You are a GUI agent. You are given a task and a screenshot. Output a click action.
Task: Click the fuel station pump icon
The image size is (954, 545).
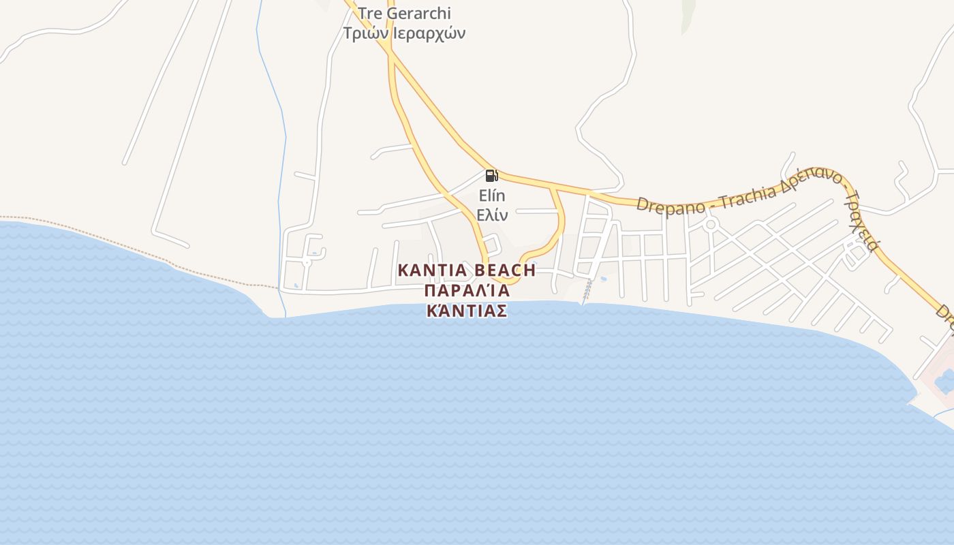pyautogui.click(x=491, y=176)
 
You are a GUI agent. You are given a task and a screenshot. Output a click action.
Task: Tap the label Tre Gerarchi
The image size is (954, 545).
pyautogui.click(x=405, y=13)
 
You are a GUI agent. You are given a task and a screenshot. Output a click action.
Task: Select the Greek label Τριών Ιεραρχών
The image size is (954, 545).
pyautogui.click(x=405, y=33)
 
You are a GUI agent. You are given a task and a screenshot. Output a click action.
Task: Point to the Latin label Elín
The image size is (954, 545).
pyautogui.click(x=492, y=196)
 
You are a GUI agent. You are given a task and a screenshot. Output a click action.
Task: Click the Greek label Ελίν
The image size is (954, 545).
pyautogui.click(x=492, y=215)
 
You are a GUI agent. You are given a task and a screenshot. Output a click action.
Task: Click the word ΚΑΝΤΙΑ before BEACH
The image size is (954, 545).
pyautogui.click(x=432, y=270)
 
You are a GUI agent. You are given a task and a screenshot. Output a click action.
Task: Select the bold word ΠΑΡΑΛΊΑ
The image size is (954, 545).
pyautogui.click(x=467, y=291)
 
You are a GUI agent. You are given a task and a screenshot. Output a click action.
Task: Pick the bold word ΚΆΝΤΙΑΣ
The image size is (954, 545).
pyautogui.click(x=467, y=311)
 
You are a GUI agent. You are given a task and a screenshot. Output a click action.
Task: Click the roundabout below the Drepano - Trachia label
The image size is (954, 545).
pyautogui.click(x=711, y=224)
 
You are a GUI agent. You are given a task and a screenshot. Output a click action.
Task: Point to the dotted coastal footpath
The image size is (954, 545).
pyautogui.click(x=136, y=247)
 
